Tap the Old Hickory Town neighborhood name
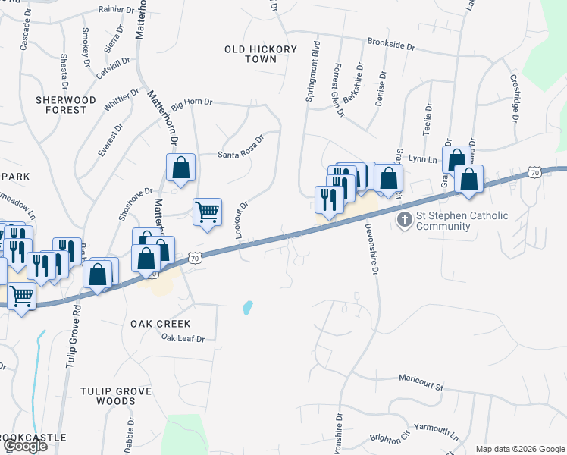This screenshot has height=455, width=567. [x=261, y=54]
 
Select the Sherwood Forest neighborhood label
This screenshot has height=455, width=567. [x=66, y=105]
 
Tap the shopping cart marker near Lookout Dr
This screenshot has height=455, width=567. [x=207, y=212]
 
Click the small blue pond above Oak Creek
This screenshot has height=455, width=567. [x=248, y=308]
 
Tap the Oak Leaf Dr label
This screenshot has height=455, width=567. [x=183, y=339]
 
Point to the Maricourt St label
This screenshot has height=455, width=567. [x=418, y=384]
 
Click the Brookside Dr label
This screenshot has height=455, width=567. [x=390, y=46]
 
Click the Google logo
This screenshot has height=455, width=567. [x=25, y=446]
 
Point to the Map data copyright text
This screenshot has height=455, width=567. [x=519, y=449]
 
